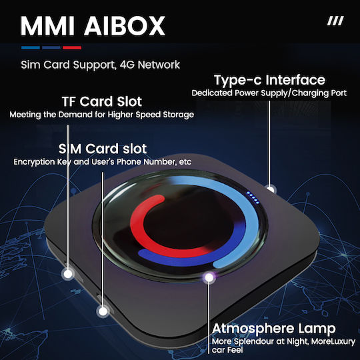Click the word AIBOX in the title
pyautogui.click(x=125, y=26)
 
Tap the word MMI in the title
pyautogui.click(x=48, y=26)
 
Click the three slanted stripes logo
pyautogui.click(x=335, y=21)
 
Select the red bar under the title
pyautogui.click(x=72, y=47)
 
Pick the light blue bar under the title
pyautogui.click(x=31, y=47)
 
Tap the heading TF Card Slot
pyautogui.click(x=102, y=101)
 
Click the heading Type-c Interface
pyautogui.click(x=269, y=80)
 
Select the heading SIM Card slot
pyautogui.click(x=103, y=149)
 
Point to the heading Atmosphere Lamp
pyautogui.click(x=274, y=328)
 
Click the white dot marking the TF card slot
pyautogui.click(x=68, y=274)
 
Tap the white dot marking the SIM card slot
pyautogui.click(x=103, y=311)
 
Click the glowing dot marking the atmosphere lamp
pyautogui.click(x=209, y=277)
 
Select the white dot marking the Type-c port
pyautogui.click(x=271, y=189)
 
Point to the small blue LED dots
pyautogui.click(x=253, y=198)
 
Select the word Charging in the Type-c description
pyautogui.click(x=310, y=93)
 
